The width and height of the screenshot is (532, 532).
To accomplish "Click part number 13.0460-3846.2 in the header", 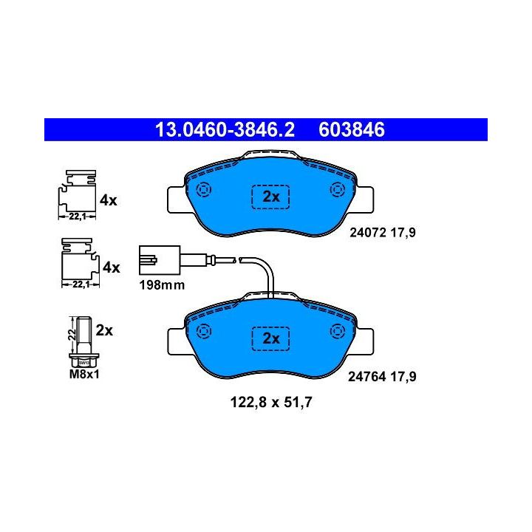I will coord(224,131).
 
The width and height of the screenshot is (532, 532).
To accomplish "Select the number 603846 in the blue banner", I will coord(351,131).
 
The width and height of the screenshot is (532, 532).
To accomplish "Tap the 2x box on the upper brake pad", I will coord(271,197).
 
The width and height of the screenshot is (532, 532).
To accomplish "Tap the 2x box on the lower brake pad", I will coord(271,338).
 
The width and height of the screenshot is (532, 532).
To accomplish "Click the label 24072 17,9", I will coord(382,232).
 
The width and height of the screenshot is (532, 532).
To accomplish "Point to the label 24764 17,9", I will coord(382,376).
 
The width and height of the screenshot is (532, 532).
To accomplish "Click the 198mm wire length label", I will coord(160,284).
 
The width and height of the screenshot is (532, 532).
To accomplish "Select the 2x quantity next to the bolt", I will coord(104,330).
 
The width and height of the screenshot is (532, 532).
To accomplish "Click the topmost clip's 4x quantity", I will coord(109,199).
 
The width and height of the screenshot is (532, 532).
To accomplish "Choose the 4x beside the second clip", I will coord(111,267).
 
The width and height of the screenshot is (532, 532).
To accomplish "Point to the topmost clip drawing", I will coord(76,194).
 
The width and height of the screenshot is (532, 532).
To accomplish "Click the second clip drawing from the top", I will coord(78,262).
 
